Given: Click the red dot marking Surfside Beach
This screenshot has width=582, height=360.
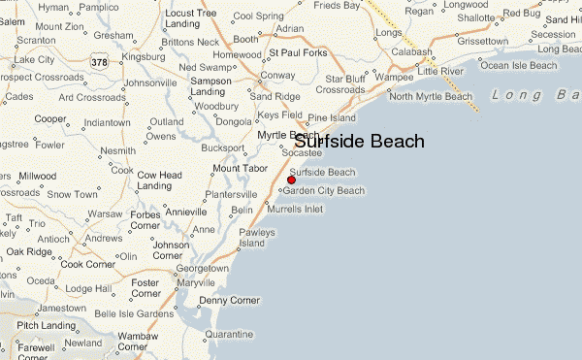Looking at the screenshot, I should (x=291, y=180).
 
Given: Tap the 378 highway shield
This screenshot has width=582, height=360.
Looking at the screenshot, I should (x=98, y=63).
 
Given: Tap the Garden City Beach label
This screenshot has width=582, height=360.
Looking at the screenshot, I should (x=324, y=191).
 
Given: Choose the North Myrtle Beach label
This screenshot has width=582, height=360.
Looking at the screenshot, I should (x=428, y=96).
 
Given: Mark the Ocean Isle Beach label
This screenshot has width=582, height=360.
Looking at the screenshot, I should (x=521, y=66).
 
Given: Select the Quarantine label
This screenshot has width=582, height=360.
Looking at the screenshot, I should (x=229, y=334).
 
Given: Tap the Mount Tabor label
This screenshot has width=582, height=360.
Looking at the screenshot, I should (x=239, y=169).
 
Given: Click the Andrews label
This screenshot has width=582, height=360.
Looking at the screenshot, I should (x=105, y=238).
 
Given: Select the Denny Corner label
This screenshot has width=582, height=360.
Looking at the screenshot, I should (x=229, y=301).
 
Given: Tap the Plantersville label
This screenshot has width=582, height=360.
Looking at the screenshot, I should (x=231, y=195).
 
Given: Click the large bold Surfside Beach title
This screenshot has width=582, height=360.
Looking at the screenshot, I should (x=359, y=142).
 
